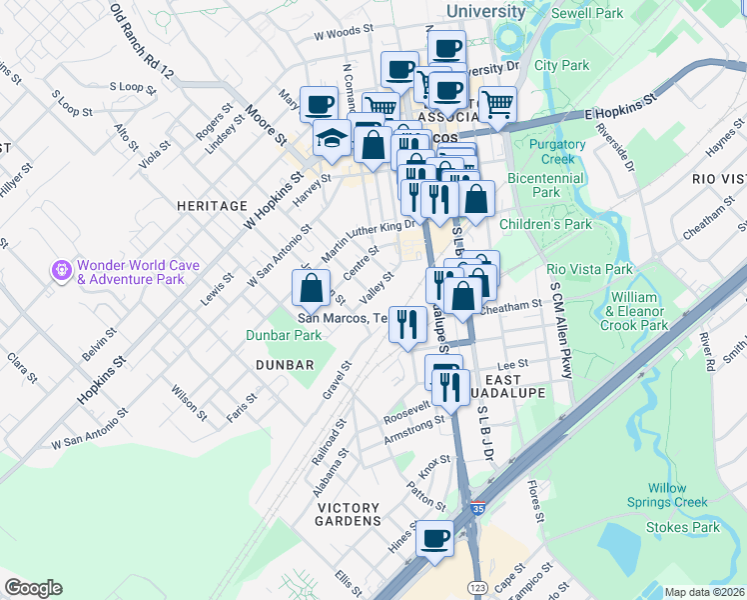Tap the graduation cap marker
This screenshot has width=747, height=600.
(x=331, y=141)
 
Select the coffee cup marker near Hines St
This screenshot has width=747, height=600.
(x=434, y=539)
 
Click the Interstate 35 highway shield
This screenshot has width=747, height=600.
(x=478, y=511)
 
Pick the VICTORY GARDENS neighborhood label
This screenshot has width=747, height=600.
(x=349, y=521)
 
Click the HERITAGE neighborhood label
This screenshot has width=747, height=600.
(x=211, y=205)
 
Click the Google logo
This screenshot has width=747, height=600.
(x=33, y=588)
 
